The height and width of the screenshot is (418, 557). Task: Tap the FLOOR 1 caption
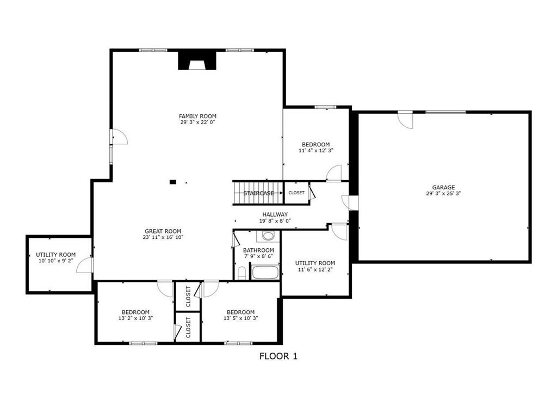pyautogui.click(x=278, y=357)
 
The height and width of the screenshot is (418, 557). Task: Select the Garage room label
pyautogui.click(x=443, y=187)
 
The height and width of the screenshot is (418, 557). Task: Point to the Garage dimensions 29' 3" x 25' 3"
pyautogui.click(x=443, y=194)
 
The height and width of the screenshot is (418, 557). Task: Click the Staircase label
pyautogui.click(x=258, y=193)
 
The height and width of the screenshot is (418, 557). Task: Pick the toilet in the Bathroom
pyautogui.click(x=242, y=272)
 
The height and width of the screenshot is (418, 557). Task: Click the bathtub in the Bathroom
pyautogui.click(x=265, y=272)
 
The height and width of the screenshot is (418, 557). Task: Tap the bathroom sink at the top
pyautogui.click(x=268, y=236)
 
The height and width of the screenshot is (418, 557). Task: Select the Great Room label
pyautogui.click(x=163, y=231)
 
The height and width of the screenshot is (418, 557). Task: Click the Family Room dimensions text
pyautogui.click(x=197, y=122)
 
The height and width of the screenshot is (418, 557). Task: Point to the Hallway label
pyautogui.click(x=275, y=214)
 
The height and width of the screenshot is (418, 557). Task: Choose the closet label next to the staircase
pyautogui.click(x=296, y=193)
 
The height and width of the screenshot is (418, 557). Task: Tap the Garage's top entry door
pyautogui.click(x=405, y=119)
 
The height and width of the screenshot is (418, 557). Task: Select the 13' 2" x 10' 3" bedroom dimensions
pyautogui.click(x=135, y=318)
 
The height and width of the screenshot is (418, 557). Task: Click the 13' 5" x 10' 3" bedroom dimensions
pyautogui.click(x=240, y=318)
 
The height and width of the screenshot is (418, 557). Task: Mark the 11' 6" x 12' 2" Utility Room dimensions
pyautogui.click(x=315, y=269)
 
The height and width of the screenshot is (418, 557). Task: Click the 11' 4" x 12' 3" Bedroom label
pyautogui.click(x=315, y=144)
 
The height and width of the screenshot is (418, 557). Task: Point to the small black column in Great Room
pyautogui.click(x=173, y=182)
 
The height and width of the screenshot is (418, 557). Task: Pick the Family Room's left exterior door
pyautogui.click(x=118, y=137)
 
